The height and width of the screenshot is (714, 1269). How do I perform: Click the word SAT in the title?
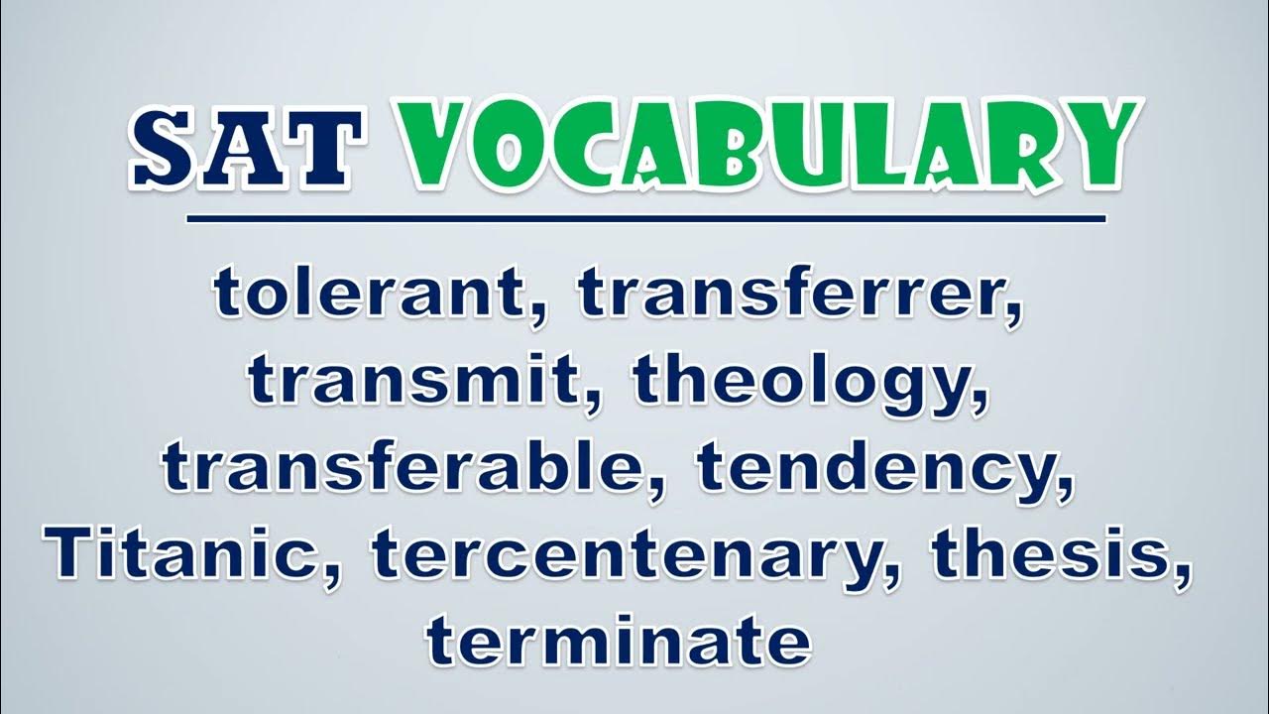pos(246,148)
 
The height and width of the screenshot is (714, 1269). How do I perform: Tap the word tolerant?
pos(369,293)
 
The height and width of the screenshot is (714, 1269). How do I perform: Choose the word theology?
pos(800,383)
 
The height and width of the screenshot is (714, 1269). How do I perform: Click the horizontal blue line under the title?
pos(645,219)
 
